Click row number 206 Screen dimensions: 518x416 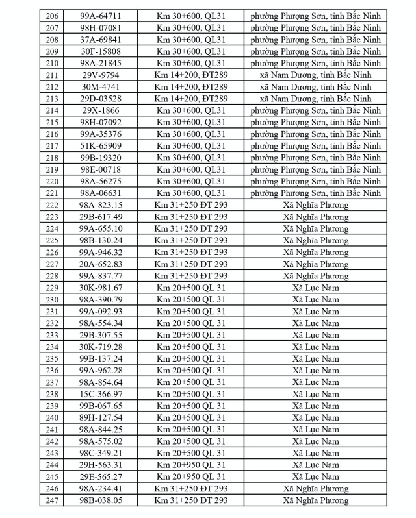[53, 16]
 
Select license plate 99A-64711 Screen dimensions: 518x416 [101, 16]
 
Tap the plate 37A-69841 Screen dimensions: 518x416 [101, 40]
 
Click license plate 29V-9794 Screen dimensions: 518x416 [101, 75]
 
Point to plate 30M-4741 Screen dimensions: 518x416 [101, 86]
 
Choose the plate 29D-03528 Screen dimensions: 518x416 [101, 99]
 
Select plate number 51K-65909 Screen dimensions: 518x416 [101, 145]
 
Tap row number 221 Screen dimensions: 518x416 [53, 193]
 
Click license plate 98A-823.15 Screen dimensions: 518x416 [101, 205]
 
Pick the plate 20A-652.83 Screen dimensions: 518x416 [101, 264]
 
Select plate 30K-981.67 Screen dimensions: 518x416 [101, 288]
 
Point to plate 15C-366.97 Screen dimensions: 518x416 [101, 394]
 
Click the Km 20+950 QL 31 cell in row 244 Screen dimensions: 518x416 [190, 465]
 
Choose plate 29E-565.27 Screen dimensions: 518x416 [101, 476]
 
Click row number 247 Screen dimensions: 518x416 [53, 500]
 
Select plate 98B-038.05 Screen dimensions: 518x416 [101, 500]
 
